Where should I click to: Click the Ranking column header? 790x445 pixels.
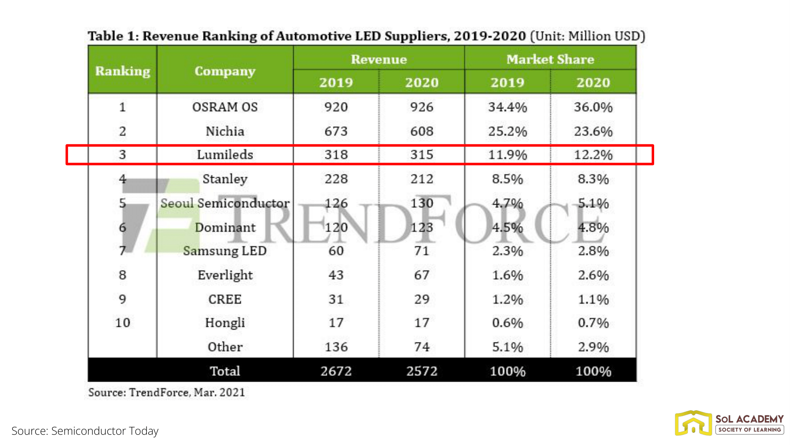[x=122, y=71]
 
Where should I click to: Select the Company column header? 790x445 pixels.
[x=225, y=71]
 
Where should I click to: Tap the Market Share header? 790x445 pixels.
[x=550, y=59]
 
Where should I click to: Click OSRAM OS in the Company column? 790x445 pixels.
[x=225, y=107]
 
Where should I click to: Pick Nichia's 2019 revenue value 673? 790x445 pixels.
[x=336, y=131]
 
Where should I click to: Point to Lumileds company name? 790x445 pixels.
[x=225, y=154]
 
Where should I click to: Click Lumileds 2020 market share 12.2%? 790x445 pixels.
[x=593, y=154]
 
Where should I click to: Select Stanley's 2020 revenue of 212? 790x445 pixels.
[x=421, y=179]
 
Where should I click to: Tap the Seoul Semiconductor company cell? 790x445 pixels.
[x=225, y=203]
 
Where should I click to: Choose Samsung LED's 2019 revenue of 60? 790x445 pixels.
[x=336, y=251]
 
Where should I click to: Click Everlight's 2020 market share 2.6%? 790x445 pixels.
[x=593, y=275]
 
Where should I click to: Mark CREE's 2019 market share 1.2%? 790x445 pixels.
[x=507, y=299]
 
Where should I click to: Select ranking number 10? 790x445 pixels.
[x=122, y=323]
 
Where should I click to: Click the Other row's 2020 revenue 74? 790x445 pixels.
[x=421, y=347]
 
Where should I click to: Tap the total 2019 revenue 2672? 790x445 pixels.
[x=336, y=371]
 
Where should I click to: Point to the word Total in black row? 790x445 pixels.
[x=225, y=371]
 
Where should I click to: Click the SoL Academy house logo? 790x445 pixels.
[x=693, y=423]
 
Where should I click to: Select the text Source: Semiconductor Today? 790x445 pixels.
[x=85, y=431]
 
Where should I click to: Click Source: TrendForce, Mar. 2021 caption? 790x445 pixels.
[x=166, y=392]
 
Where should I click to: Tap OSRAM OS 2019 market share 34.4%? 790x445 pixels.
[x=507, y=107]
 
